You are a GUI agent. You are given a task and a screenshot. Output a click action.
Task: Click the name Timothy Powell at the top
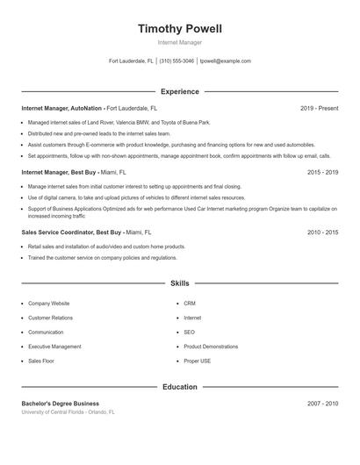pyautogui.click(x=180, y=29)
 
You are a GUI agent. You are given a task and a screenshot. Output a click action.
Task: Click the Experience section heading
pyautogui.click(x=180, y=91)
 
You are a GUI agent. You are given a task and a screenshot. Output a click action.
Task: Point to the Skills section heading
pyautogui.click(x=180, y=284)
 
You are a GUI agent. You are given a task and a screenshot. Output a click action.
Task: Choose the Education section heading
pyautogui.click(x=180, y=387)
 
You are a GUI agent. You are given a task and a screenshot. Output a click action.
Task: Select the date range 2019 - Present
pyautogui.click(x=319, y=108)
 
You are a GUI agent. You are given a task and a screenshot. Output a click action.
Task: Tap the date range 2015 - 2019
pyautogui.click(x=322, y=173)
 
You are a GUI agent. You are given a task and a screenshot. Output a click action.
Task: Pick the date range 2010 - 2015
pyautogui.click(x=322, y=232)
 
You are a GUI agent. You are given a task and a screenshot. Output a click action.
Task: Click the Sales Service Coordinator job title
pyautogui.click(x=58, y=232)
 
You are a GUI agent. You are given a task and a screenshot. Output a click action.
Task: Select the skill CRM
pyautogui.click(x=190, y=303)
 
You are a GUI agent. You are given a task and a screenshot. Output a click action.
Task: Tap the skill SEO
pyautogui.click(x=189, y=333)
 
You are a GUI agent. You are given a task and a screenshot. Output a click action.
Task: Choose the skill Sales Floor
pyautogui.click(x=42, y=361)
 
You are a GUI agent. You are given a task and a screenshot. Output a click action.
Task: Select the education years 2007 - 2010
pyautogui.click(x=322, y=404)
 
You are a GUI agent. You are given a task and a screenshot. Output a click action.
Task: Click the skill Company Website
pyautogui.click(x=49, y=303)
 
